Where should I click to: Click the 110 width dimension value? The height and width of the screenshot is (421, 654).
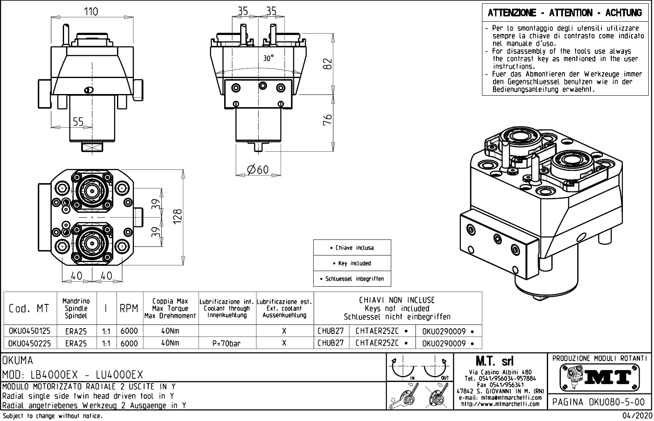[x=91, y=12]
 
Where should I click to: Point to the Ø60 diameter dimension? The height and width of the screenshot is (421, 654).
[x=257, y=170]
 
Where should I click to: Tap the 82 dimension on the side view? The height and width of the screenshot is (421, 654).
[x=327, y=64]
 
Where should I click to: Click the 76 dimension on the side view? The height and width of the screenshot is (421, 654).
[x=327, y=120]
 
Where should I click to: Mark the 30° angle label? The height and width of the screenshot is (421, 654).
[x=268, y=58]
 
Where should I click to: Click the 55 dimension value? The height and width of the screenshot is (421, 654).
[x=78, y=122]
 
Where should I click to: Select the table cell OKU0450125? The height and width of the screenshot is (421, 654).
[x=29, y=331]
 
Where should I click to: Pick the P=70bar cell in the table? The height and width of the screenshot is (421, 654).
[x=227, y=343]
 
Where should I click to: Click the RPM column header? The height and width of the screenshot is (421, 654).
[x=129, y=308]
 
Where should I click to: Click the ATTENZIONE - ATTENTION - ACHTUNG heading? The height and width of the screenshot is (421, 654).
[x=565, y=13]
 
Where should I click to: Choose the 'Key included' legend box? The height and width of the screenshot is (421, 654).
[x=352, y=263]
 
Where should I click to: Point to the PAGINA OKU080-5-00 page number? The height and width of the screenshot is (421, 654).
[x=599, y=402]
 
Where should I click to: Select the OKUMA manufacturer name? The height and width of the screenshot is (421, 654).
[x=18, y=361]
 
